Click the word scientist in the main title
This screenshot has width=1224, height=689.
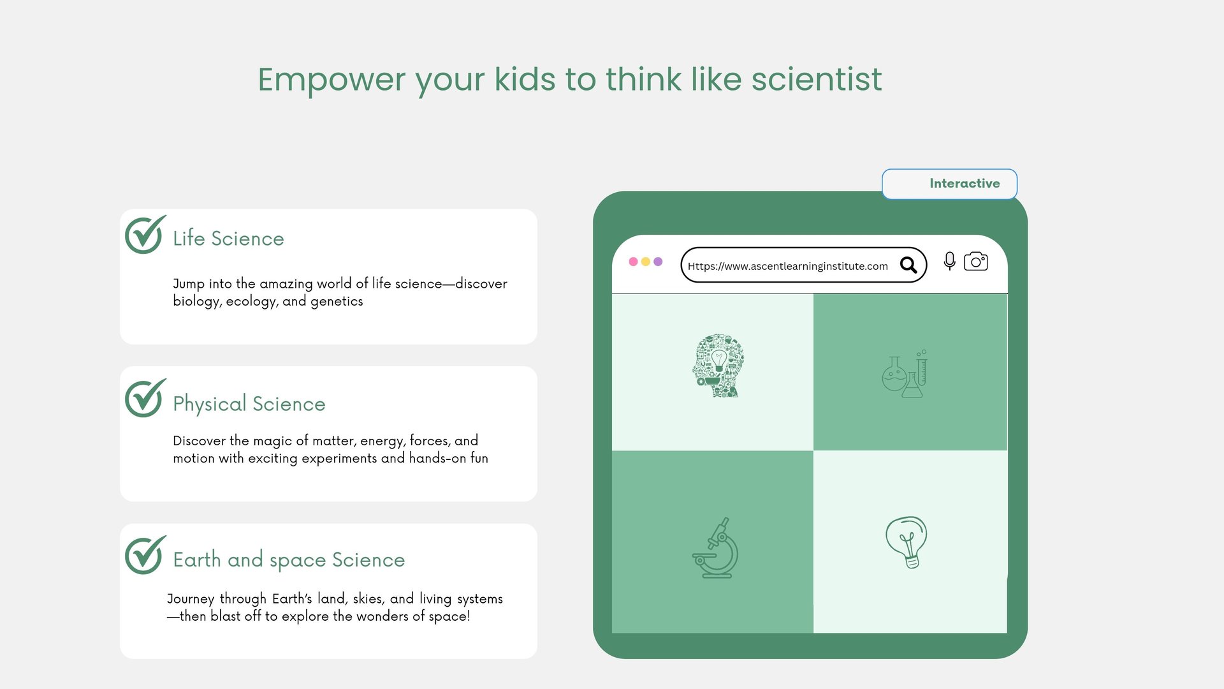pyautogui.click(x=817, y=79)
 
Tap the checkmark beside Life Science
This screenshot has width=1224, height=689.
pyautogui.click(x=145, y=235)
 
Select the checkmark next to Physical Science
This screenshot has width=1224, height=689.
pyautogui.click(x=145, y=399)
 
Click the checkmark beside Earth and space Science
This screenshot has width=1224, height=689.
pyautogui.click(x=145, y=555)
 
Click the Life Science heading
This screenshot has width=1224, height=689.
pyautogui.click(x=228, y=239)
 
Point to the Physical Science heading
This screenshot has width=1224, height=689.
pyautogui.click(x=249, y=404)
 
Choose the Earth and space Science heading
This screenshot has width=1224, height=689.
pyautogui.click(x=289, y=560)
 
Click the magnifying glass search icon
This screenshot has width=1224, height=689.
pyautogui.click(x=908, y=265)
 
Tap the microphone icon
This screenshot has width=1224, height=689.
pyautogui.click(x=950, y=261)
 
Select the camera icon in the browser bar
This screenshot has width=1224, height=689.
pyautogui.click(x=976, y=262)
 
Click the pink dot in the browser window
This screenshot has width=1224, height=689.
pyautogui.click(x=633, y=262)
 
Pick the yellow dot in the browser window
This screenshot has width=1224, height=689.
pyautogui.click(x=646, y=262)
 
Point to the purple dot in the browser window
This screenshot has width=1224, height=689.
pyautogui.click(x=658, y=262)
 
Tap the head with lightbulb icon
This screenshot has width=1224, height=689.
pyautogui.click(x=718, y=366)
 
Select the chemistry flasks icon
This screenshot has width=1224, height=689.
pyautogui.click(x=905, y=374)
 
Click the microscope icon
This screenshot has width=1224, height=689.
pyautogui.click(x=716, y=548)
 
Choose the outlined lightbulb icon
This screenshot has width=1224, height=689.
pyautogui.click(x=907, y=542)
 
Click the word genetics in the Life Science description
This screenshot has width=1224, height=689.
pyautogui.click(x=337, y=301)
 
